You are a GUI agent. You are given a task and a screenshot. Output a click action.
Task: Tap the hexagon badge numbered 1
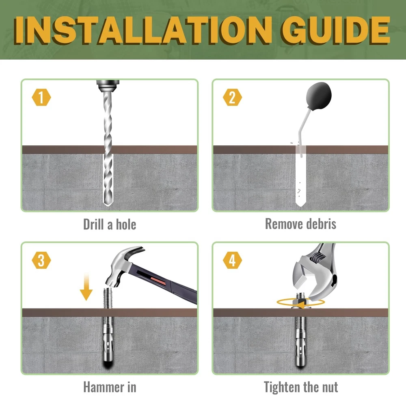tap(41, 97)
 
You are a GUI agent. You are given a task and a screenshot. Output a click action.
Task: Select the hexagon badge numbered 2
tap(232, 97)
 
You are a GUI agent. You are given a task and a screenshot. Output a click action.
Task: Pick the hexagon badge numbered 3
tap(41, 260)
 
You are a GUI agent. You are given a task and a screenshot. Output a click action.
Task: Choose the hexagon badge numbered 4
tap(232, 260)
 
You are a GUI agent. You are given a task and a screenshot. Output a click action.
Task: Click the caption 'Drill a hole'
tap(110, 224)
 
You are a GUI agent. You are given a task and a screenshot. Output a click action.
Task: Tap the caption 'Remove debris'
tap(300, 224)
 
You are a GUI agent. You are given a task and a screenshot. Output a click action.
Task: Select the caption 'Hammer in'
tap(110, 387)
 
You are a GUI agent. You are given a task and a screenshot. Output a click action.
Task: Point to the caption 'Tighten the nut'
tap(300, 387)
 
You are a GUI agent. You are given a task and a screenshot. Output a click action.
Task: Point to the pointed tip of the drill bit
tap(108, 205)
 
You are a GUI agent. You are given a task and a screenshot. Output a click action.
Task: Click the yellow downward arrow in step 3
tap(86, 287)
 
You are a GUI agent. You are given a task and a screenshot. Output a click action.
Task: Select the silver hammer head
tap(122, 267)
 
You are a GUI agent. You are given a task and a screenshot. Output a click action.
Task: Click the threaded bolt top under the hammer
tap(108, 298)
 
